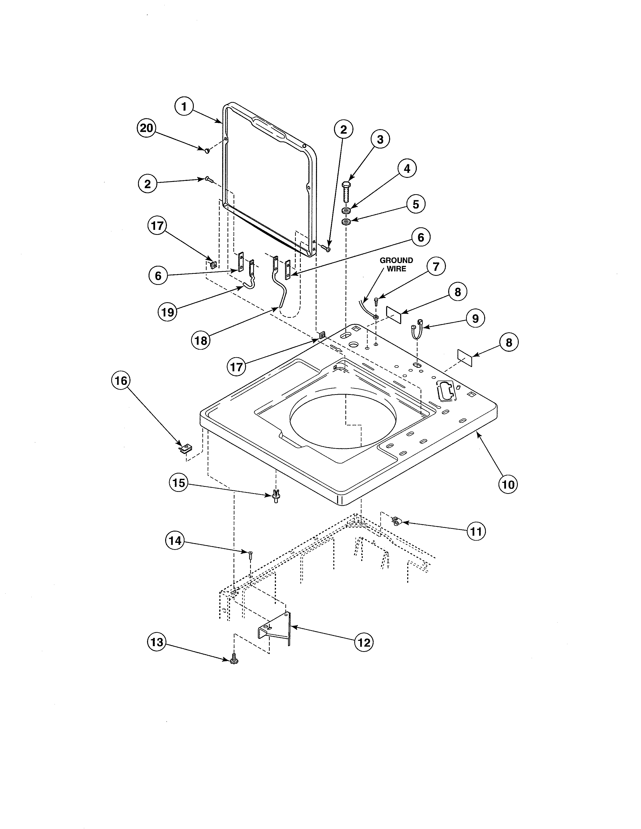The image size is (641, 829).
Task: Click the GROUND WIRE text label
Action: click(x=396, y=265)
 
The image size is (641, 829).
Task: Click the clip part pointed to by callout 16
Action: click(x=184, y=449)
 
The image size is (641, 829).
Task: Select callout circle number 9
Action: click(x=475, y=319)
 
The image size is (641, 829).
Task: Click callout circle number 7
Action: click(x=436, y=267)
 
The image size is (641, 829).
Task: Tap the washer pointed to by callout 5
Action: click(x=346, y=221)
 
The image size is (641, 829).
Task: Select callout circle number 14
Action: click(x=175, y=541)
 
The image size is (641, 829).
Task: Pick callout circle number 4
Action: click(x=407, y=169)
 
